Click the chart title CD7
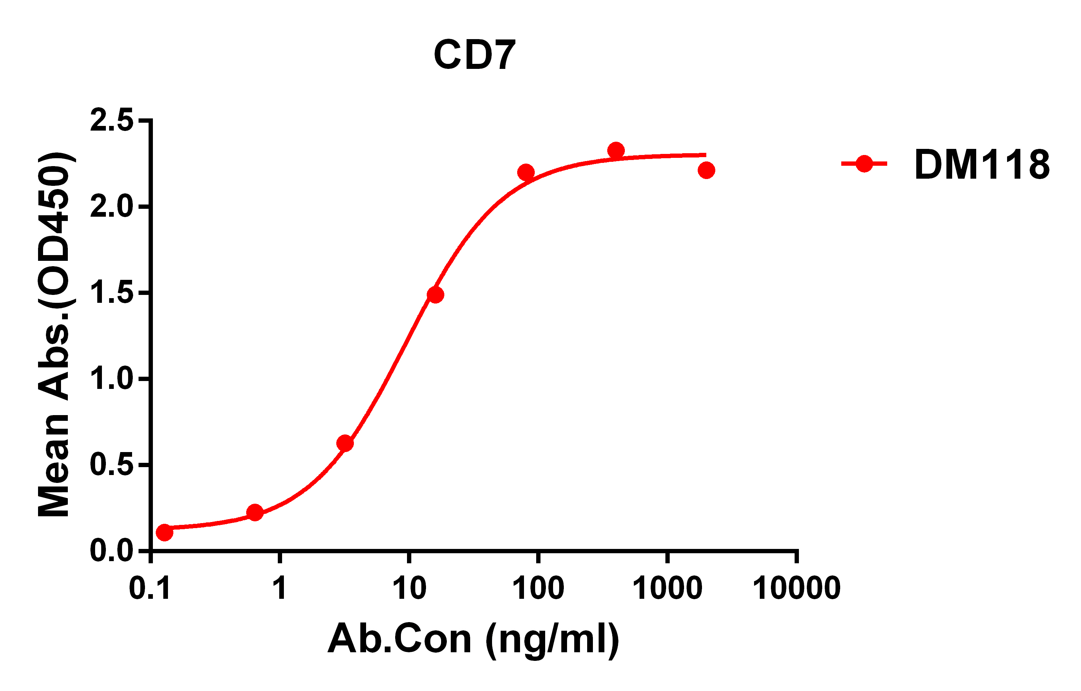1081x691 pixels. [474, 55]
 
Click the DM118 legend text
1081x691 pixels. [982, 165]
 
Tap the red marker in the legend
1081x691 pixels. [864, 164]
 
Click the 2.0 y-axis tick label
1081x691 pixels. [112, 207]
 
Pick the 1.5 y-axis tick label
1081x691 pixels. [112, 293]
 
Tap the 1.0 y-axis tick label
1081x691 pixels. [112, 379]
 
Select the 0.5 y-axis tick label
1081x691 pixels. [112, 465]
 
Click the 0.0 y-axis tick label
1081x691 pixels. [112, 551]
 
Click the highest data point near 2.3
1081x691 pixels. [616, 150]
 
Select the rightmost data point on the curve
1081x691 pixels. [706, 170]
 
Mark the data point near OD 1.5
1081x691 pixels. [435, 295]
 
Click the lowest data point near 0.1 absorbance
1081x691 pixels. [164, 533]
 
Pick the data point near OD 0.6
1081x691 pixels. [345, 443]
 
